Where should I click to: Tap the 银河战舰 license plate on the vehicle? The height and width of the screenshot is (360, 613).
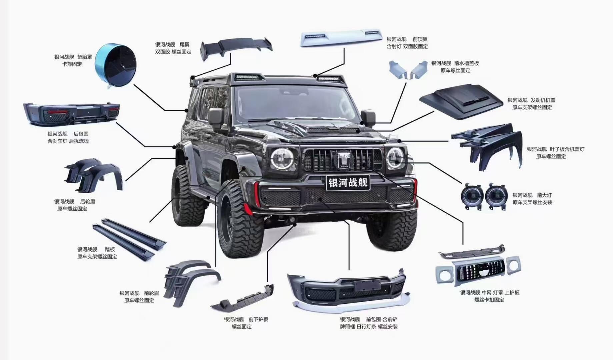tap(348, 182)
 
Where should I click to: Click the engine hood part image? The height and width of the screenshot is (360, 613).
tap(461, 101)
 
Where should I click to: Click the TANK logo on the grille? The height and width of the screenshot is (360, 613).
tap(344, 160)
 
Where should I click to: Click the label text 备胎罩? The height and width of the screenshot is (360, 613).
tap(85, 57)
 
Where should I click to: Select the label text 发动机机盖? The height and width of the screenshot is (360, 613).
tap(543, 100)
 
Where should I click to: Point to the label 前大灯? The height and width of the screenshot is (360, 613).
tap(544, 195)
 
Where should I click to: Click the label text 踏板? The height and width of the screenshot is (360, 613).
tap(110, 249)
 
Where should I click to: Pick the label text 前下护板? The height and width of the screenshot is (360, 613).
tap(258, 319)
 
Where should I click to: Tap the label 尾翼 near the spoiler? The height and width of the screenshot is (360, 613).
tap(184, 44)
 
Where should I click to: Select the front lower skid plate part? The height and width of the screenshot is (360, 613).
tap(242, 298)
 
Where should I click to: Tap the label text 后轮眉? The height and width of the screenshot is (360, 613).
tap(88, 201)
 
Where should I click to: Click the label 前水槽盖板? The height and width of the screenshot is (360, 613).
tap(466, 63)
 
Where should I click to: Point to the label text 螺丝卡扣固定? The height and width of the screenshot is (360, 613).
tap(489, 300)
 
